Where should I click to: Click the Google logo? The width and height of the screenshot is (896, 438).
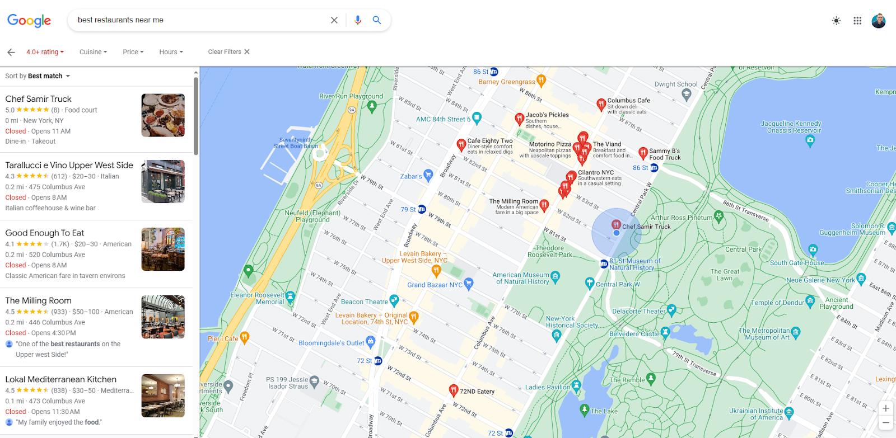pos(29,21)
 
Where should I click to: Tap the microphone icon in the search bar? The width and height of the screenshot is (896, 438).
pos(358,20)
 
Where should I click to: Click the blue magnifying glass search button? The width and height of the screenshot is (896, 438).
pos(377,20)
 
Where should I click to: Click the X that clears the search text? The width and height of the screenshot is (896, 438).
pos(334,20)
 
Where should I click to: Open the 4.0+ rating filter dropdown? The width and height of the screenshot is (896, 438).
pos(45,52)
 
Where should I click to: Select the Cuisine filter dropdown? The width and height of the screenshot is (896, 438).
pos(93,52)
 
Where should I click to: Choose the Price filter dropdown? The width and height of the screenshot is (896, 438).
pos(133,52)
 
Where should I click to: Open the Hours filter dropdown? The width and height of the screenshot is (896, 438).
pos(171,52)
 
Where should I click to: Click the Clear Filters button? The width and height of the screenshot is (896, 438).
pos(228,51)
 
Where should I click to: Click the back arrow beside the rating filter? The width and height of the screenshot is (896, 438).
pos(11,52)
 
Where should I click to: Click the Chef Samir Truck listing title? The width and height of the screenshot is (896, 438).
pos(39,99)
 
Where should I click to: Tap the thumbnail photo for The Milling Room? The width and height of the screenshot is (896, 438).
pos(163,317)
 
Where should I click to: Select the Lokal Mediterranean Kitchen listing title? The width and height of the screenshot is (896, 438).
pos(61,379)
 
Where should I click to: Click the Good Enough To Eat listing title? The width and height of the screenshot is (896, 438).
pos(45,233)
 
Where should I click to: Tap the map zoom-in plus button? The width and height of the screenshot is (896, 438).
pos(885,408)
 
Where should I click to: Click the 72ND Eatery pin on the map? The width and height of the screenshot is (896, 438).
pos(454,390)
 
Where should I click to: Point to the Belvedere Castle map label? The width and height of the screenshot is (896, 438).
pos(634,334)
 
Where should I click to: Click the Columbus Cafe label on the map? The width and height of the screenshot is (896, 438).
pos(628,101)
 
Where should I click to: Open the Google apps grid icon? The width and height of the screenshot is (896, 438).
pos(857,21)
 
